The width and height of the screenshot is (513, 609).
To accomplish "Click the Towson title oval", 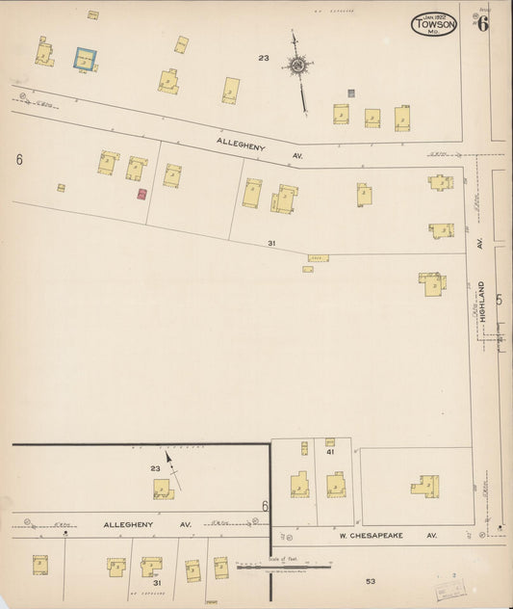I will click(x=434, y=24).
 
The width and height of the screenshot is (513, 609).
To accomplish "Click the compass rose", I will click(x=298, y=65).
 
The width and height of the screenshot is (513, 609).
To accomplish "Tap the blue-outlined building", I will click(x=86, y=59).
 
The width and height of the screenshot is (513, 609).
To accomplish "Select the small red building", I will click(x=141, y=194).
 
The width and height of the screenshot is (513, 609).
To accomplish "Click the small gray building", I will click(x=351, y=93).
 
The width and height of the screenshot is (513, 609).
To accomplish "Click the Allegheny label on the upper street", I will click(x=239, y=145).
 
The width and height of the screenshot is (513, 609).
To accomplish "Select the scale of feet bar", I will click(x=286, y=567).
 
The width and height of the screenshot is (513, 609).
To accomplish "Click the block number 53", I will click(x=371, y=581).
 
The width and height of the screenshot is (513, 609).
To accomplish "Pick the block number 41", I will click(x=329, y=451).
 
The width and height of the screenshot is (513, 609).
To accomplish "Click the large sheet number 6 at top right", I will click(x=482, y=24).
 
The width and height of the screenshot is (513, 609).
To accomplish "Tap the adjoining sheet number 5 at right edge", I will click(x=499, y=300).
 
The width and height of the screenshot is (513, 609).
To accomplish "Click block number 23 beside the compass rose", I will click(x=263, y=59).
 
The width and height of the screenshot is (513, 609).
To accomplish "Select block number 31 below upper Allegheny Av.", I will click(x=271, y=244).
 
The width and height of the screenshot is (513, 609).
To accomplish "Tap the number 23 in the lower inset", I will click(x=156, y=469).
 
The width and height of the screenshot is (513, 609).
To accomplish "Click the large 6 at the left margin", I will click(x=18, y=159).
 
